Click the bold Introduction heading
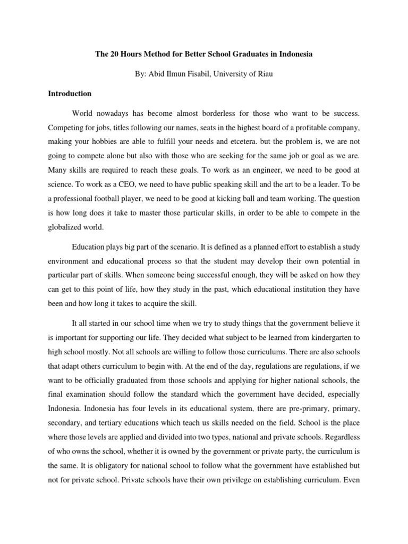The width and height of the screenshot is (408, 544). (x=70, y=94)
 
